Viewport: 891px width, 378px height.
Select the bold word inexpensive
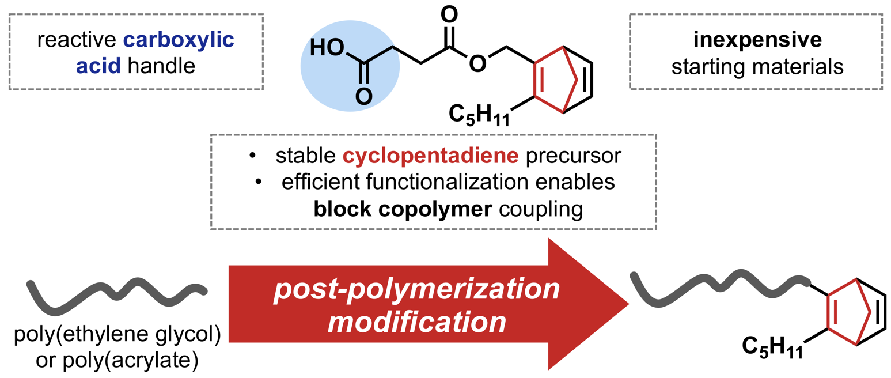point(756,42)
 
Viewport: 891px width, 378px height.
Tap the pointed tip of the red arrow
point(626,304)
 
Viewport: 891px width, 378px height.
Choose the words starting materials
point(756,67)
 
